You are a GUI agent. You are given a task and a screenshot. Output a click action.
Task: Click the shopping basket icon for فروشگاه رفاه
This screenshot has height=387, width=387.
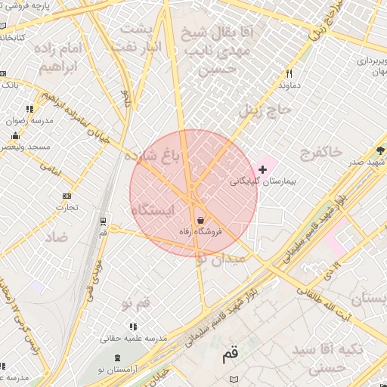[200, 220]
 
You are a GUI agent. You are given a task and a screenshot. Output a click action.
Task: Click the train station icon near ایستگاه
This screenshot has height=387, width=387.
[103, 221]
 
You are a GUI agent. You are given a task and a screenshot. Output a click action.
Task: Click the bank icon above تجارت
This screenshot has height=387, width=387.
[67, 196]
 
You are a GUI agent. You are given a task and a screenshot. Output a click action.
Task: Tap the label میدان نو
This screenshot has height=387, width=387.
[220, 259]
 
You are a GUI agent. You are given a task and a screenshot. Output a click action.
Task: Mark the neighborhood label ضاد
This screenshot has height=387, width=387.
[57, 237]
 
